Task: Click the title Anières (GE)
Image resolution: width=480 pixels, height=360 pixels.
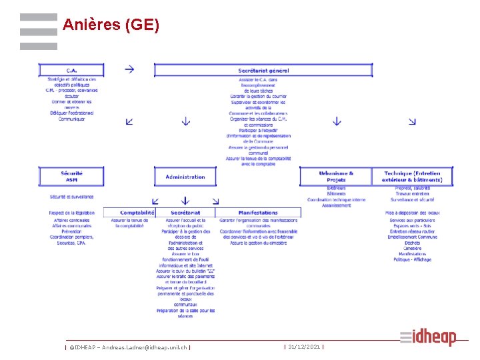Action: click(x=111, y=25)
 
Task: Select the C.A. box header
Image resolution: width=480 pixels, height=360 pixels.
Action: click(x=71, y=70)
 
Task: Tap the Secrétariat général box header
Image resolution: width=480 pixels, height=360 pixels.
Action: click(x=263, y=70)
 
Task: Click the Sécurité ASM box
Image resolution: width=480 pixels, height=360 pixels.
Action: click(x=71, y=177)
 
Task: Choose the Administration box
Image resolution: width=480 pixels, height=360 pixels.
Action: click(x=185, y=177)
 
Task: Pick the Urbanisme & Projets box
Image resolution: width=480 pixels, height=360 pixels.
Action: click(x=336, y=177)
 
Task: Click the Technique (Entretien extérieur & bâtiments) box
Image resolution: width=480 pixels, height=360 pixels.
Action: click(x=412, y=177)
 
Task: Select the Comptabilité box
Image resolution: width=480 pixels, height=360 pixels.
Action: click(x=137, y=213)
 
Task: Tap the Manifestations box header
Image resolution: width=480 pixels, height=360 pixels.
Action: click(x=258, y=213)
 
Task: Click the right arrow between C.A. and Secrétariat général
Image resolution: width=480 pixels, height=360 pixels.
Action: click(x=129, y=69)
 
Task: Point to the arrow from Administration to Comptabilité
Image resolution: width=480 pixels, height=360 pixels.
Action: click(x=155, y=201)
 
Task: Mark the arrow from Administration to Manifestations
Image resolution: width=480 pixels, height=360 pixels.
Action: click(x=215, y=201)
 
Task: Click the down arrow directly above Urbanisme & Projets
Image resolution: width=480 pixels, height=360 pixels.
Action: click(x=337, y=122)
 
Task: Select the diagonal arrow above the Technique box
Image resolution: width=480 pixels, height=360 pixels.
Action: click(x=413, y=121)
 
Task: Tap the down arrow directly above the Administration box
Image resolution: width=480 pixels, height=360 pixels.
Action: click(x=186, y=122)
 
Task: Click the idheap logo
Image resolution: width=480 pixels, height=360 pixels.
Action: click(x=428, y=337)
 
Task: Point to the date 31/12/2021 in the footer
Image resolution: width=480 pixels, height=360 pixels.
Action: click(x=304, y=347)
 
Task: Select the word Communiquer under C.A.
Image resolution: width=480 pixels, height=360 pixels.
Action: click(x=71, y=119)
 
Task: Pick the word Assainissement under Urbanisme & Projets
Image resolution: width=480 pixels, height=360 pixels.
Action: click(x=337, y=205)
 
